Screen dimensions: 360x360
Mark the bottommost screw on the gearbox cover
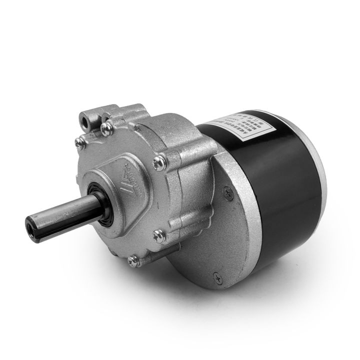tap(132, 259)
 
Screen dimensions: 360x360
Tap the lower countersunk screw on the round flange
tap(216, 274)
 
